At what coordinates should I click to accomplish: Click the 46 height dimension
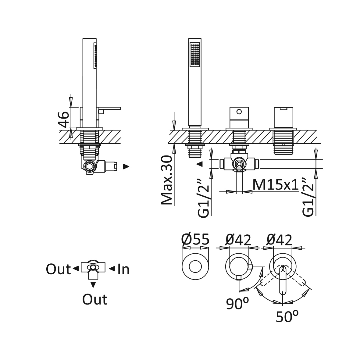64,119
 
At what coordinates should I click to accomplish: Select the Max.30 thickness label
167,180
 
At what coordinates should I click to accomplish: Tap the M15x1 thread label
276,185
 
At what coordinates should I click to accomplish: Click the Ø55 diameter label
195,240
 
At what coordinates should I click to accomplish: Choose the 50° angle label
287,316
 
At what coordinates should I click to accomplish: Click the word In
123,269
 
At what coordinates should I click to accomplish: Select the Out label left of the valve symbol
58,269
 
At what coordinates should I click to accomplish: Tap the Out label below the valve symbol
94,299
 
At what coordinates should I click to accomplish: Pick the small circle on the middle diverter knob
239,112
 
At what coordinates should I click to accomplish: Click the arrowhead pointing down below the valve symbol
93,285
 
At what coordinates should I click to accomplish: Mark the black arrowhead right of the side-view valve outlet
126,166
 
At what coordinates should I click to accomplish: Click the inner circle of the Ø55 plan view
195,267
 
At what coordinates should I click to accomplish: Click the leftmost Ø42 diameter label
238,240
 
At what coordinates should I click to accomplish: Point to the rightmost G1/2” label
308,197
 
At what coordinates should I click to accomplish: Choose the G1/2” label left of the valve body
203,198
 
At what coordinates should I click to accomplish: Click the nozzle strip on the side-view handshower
95,55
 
